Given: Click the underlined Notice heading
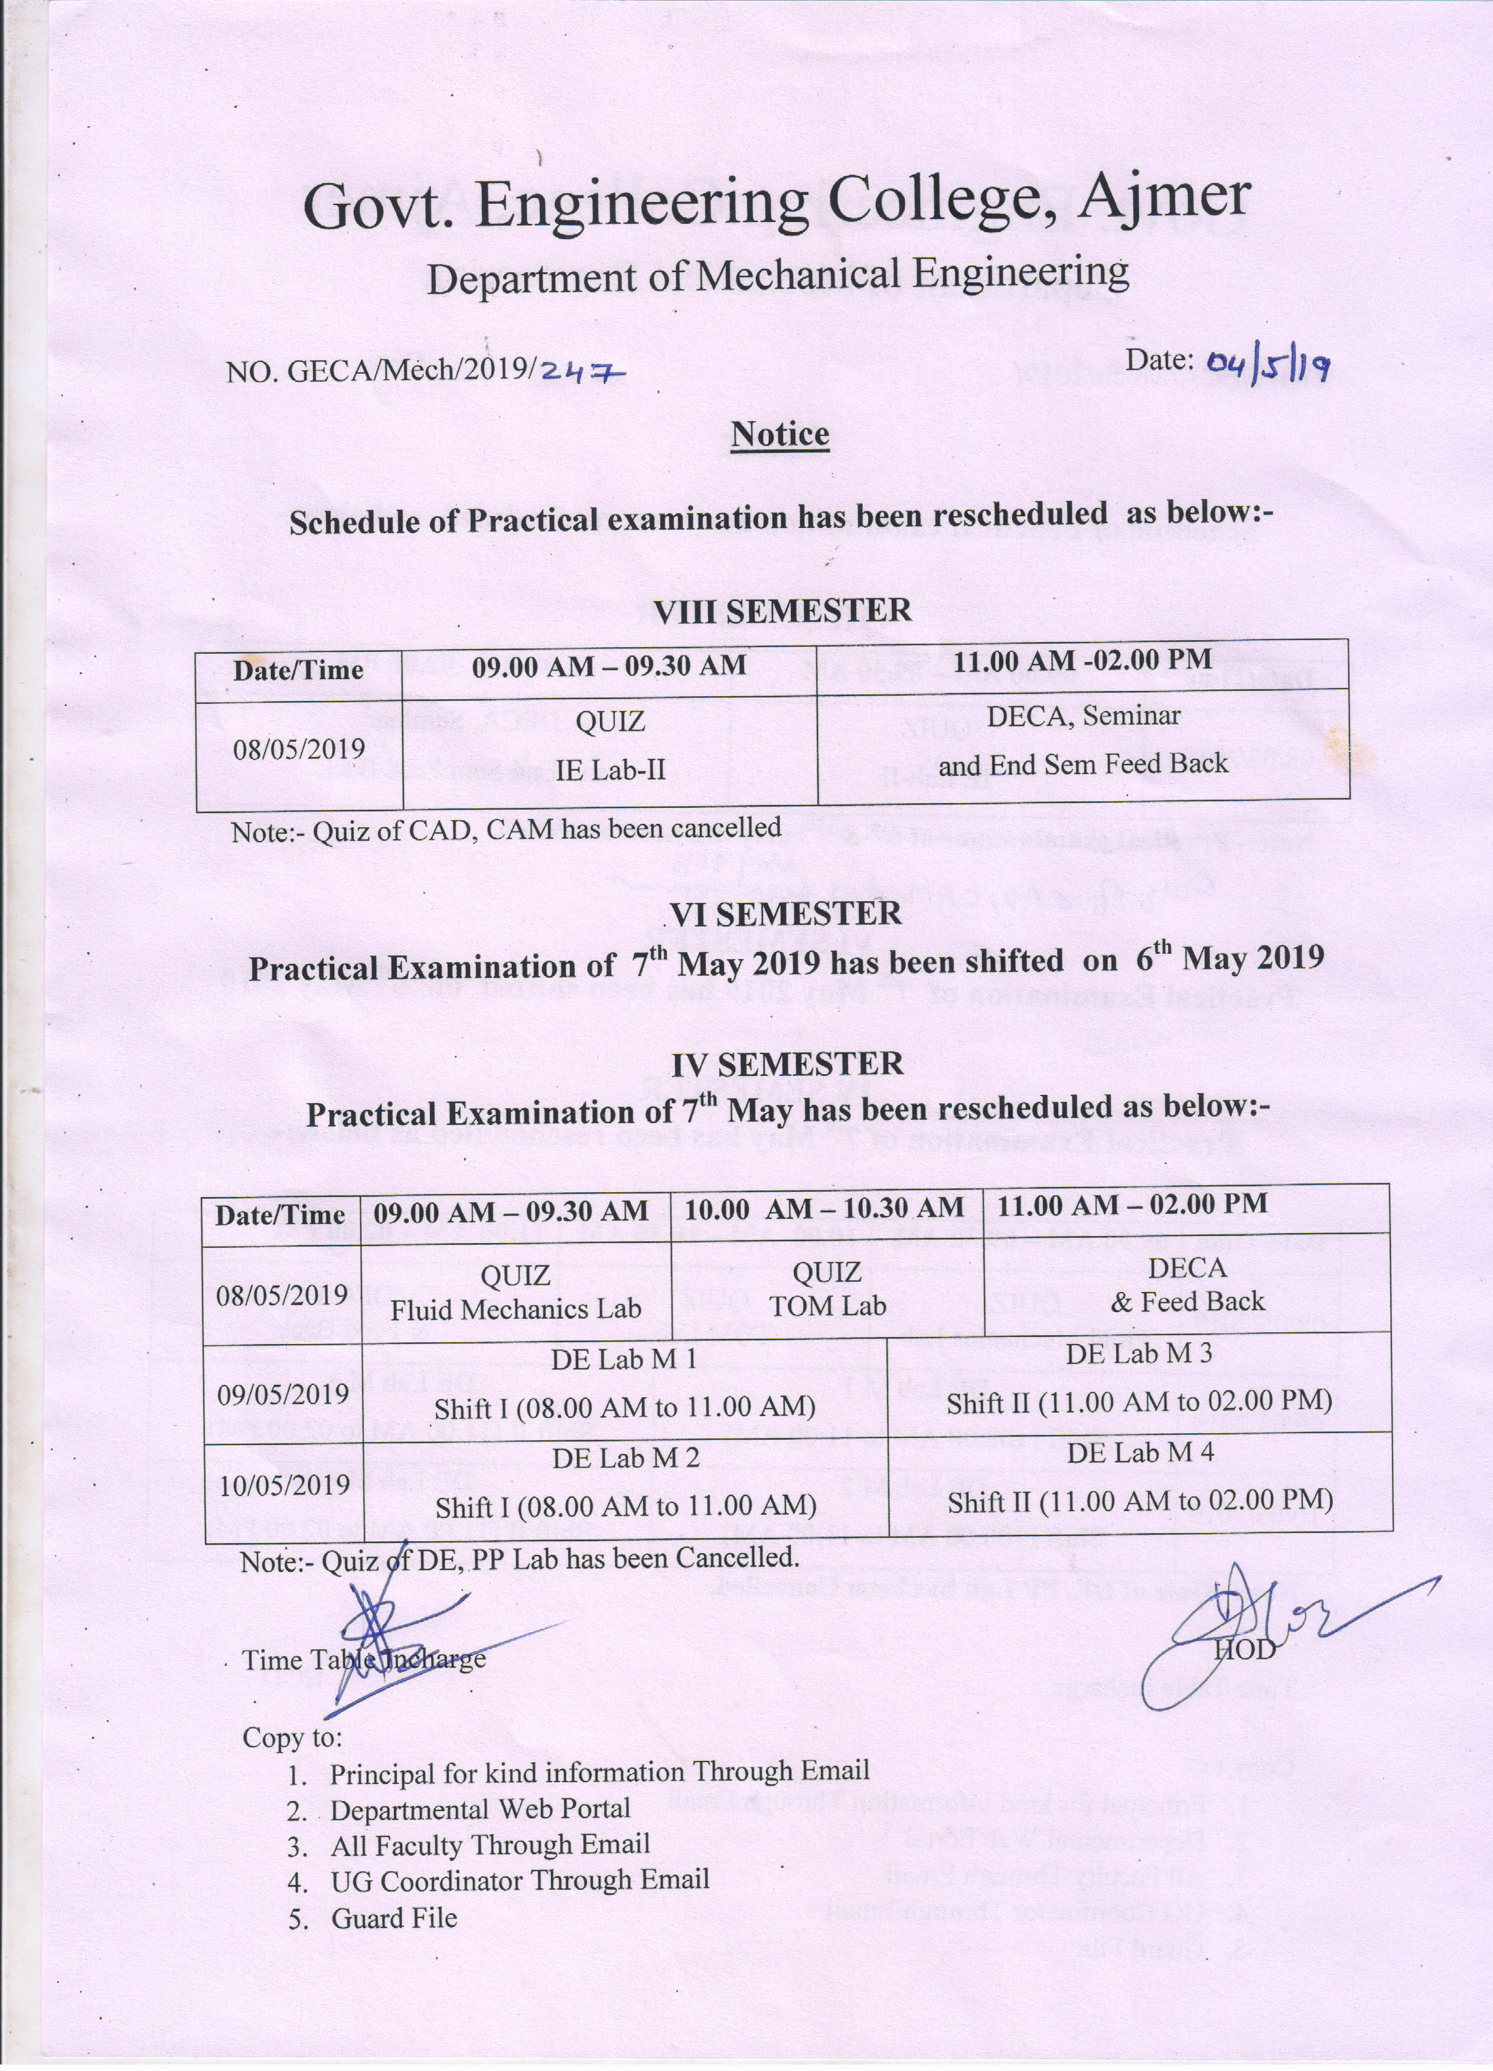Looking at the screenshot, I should click(x=780, y=435).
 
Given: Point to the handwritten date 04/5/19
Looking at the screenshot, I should click(x=1267, y=366).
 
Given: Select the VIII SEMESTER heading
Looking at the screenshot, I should click(x=783, y=610).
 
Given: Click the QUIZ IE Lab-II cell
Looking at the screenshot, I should click(x=610, y=746).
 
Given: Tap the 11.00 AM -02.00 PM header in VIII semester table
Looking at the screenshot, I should click(x=1083, y=661).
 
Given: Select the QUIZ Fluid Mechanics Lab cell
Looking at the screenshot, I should click(x=516, y=1292).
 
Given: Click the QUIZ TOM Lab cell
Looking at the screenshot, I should click(x=827, y=1289).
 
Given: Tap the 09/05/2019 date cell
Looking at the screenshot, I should click(x=283, y=1394).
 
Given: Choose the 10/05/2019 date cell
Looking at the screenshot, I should click(x=285, y=1485).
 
